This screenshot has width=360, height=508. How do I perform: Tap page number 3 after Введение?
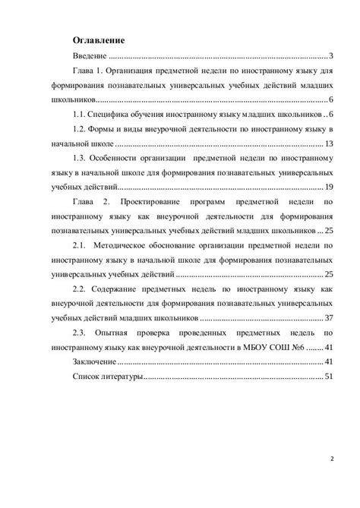pos(332,56)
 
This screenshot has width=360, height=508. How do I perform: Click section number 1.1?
pos(80,115)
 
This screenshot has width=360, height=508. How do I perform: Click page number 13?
pos(329,144)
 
